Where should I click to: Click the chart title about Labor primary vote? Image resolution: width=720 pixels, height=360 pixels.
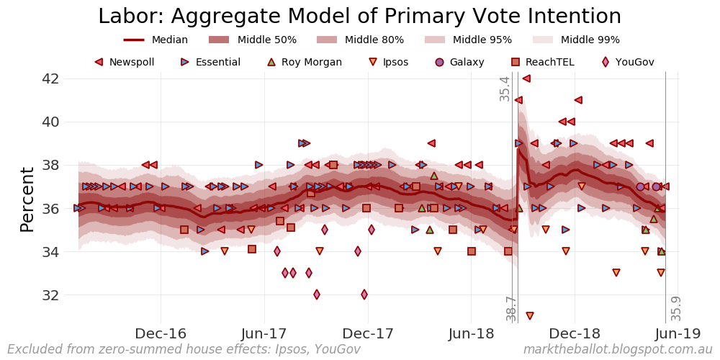[x=359, y=17]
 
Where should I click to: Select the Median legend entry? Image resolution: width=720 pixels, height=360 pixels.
[x=156, y=40]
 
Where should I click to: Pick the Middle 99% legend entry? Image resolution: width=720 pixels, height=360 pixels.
[x=575, y=40]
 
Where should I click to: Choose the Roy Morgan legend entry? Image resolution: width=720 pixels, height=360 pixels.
[x=303, y=63]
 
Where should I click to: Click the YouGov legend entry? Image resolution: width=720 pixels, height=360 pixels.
[x=626, y=63]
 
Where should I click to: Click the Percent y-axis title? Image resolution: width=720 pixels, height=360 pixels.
[x=27, y=199]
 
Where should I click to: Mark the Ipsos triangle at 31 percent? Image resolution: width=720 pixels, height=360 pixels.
[x=530, y=316]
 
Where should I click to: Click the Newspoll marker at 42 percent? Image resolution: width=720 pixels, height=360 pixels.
[x=526, y=78]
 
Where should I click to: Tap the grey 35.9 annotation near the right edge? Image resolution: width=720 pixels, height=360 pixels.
[x=676, y=308]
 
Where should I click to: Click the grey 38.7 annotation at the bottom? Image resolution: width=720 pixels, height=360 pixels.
[x=511, y=308]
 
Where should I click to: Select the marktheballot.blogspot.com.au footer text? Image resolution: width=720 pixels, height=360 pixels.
[x=617, y=350]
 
